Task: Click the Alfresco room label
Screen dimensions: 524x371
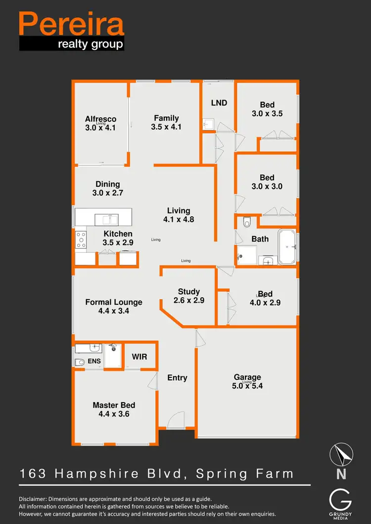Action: pyautogui.click(x=100, y=119)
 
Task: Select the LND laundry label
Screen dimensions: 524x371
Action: pyautogui.click(x=219, y=103)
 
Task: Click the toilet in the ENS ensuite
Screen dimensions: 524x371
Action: pyautogui.click(x=79, y=362)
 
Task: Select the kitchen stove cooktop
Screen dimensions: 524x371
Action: pyautogui.click(x=80, y=241)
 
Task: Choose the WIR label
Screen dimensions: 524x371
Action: pyautogui.click(x=139, y=357)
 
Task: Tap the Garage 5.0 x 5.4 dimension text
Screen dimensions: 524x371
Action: pyautogui.click(x=247, y=386)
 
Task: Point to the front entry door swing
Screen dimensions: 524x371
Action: pyautogui.click(x=175, y=421)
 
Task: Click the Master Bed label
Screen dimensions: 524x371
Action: pyautogui.click(x=114, y=405)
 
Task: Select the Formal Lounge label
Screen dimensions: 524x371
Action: pyautogui.click(x=114, y=302)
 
